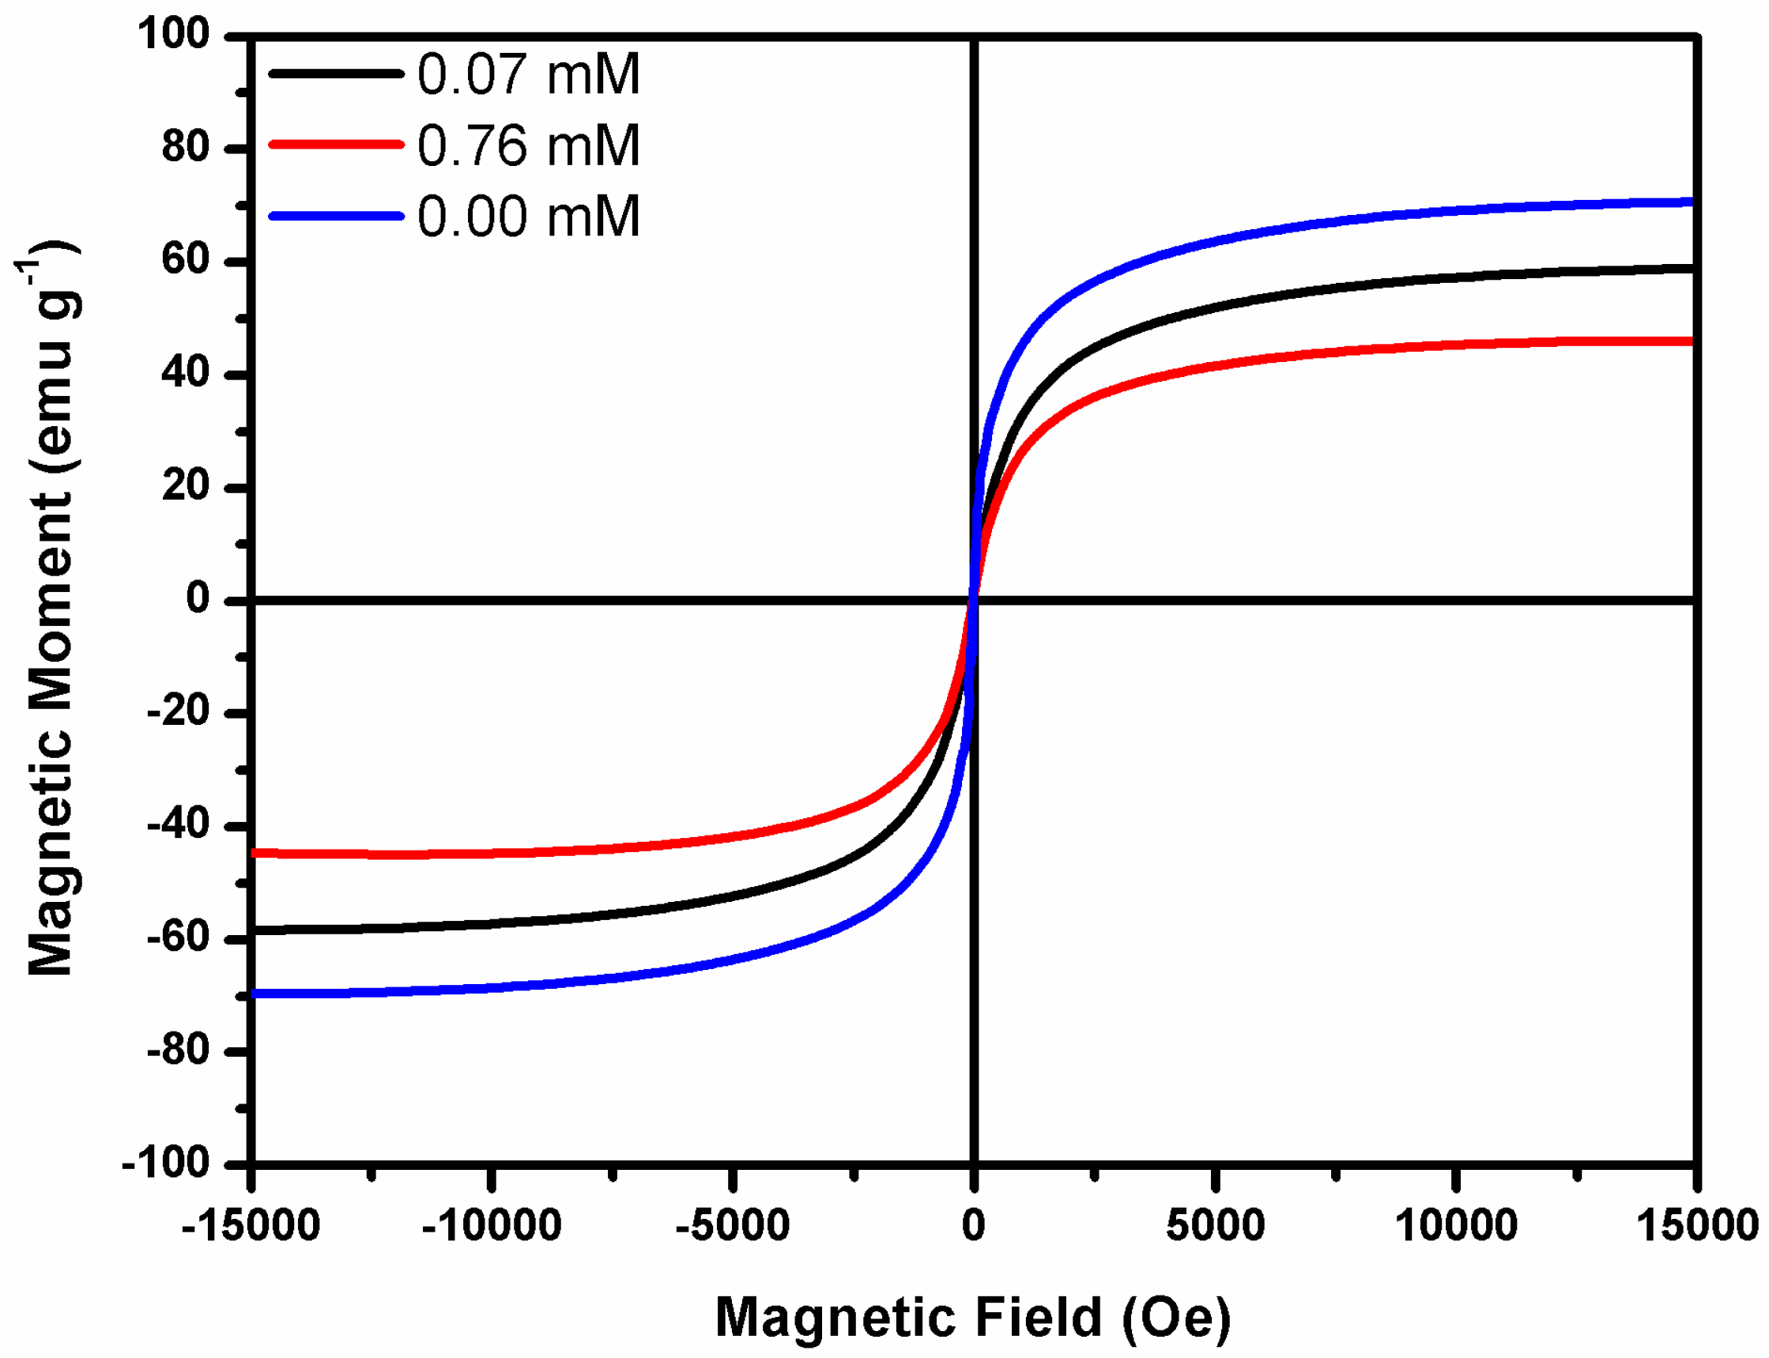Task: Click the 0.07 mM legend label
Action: click(x=529, y=74)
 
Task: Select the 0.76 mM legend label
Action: click(x=529, y=145)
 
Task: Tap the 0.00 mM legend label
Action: click(x=529, y=217)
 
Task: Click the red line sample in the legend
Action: click(x=335, y=145)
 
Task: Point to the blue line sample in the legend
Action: click(x=335, y=216)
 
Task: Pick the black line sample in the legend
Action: click(x=335, y=74)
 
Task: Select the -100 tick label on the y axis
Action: click(x=165, y=1164)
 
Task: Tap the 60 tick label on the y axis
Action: click(x=185, y=260)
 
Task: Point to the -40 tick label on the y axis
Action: click(x=177, y=825)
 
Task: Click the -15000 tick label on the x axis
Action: click(x=251, y=1225)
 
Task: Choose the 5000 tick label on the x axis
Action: click(x=1215, y=1225)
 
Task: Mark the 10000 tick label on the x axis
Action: click(x=1455, y=1225)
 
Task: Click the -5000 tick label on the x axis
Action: click(x=732, y=1225)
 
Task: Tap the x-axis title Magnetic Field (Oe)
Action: click(x=973, y=1317)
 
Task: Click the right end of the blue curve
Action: click(x=1690, y=202)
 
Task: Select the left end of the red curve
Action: click(x=255, y=853)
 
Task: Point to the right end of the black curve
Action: click(x=1690, y=267)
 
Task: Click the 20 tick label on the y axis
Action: click(x=185, y=486)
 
